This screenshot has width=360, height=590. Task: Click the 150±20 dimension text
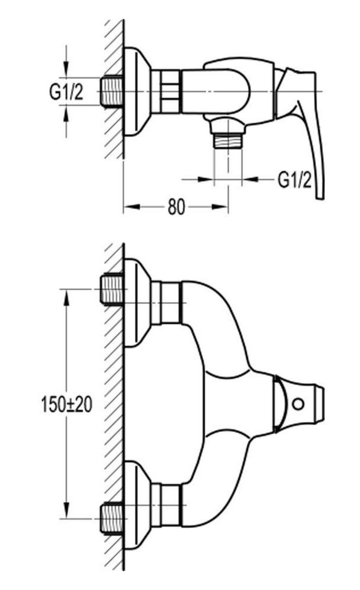[67, 405]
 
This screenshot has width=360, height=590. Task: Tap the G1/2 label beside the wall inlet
[66, 92]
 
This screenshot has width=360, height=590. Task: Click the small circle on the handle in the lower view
[298, 404]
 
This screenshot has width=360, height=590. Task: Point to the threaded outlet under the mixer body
[227, 141]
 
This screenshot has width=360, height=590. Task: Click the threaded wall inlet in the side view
[112, 91]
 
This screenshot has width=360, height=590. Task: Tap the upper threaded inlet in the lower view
[112, 289]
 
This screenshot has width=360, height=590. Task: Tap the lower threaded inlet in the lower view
[112, 519]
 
